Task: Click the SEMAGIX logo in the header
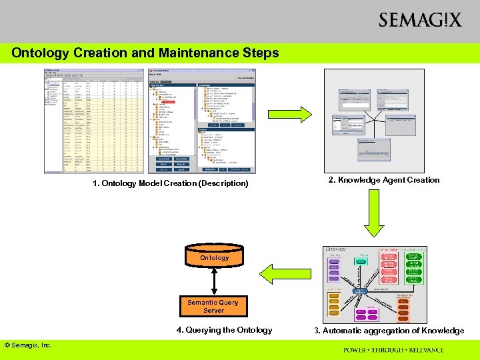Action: pyautogui.click(x=419, y=20)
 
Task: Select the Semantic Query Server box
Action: pyautogui.click(x=213, y=307)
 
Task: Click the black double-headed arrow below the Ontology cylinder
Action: pyautogui.click(x=213, y=283)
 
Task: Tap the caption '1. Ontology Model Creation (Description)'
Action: pyautogui.click(x=170, y=183)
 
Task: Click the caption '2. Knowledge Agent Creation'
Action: pyautogui.click(x=384, y=180)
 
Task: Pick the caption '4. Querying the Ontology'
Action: pyautogui.click(x=224, y=330)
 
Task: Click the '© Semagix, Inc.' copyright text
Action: pyautogui.click(x=28, y=345)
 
